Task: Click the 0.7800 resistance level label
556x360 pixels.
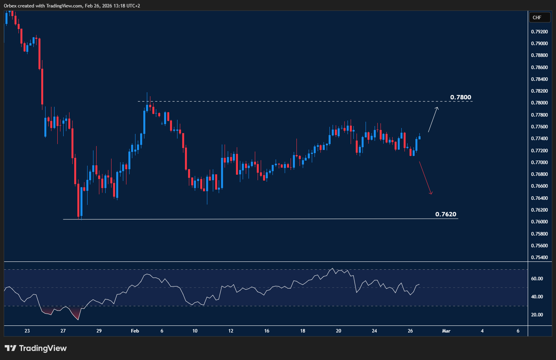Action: (461, 97)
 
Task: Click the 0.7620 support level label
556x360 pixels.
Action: (446, 214)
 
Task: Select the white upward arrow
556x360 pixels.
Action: (433, 119)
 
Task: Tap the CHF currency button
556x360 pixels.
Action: (537, 17)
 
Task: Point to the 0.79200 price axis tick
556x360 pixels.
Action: (540, 31)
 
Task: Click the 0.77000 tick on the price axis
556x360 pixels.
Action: (540, 162)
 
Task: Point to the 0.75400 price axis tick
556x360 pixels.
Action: (540, 258)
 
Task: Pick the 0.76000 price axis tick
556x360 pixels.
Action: (540, 222)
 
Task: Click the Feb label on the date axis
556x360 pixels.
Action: (135, 331)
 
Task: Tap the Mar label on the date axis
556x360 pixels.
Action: (446, 331)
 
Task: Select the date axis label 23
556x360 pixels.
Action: (27, 331)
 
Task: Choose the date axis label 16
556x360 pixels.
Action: (267, 331)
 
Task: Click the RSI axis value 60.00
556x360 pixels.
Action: (537, 279)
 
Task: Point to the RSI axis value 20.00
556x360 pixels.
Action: (537, 315)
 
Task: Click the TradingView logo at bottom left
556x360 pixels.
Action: (36, 348)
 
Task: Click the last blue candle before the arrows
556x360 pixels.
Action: (419, 137)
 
